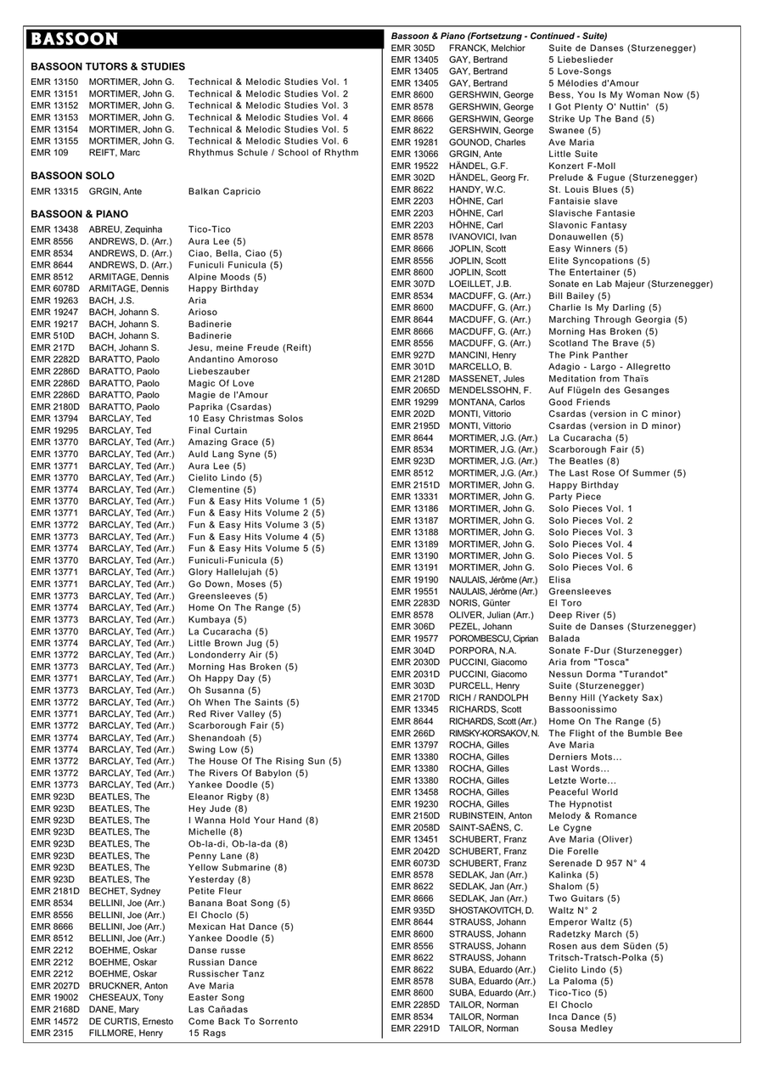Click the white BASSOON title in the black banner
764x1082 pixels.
pos(74,39)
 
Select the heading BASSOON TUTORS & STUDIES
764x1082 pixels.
pos(108,66)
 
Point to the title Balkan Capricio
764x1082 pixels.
pos(224,192)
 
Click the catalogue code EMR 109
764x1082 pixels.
pos(49,153)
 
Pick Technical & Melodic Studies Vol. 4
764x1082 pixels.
pos(268,117)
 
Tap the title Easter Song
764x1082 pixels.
pos(216,997)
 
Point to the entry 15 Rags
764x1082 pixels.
pos(207,1033)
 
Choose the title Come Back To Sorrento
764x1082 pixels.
pos(243,1021)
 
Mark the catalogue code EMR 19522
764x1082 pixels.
pos(414,166)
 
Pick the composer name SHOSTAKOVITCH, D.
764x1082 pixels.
pos(492,910)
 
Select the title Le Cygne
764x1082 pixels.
pos(570,827)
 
